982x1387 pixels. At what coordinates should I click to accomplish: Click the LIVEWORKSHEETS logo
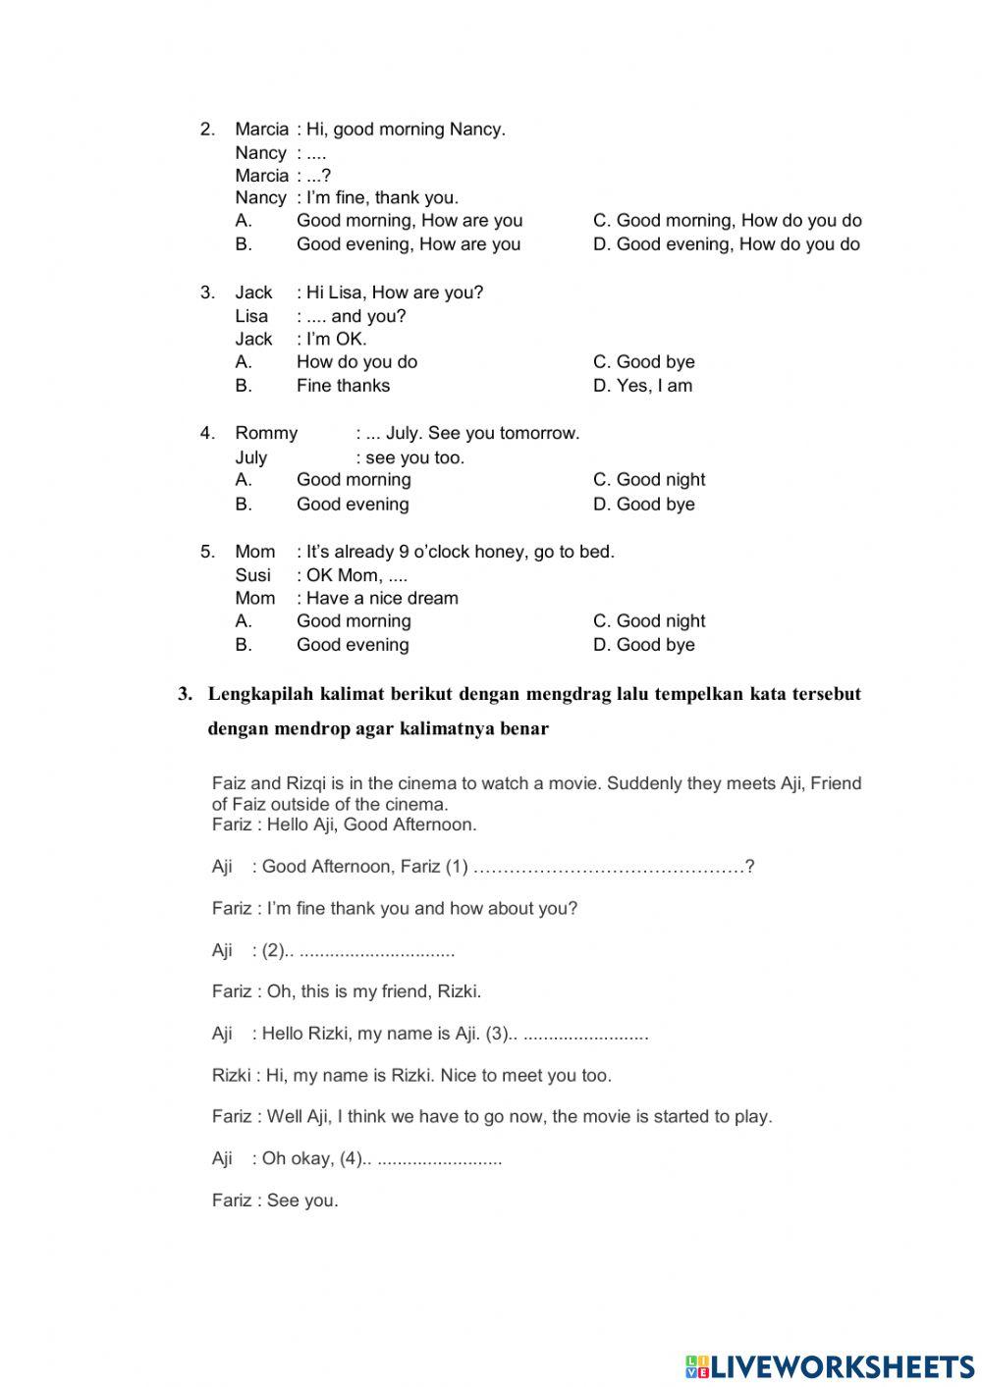[x=830, y=1365]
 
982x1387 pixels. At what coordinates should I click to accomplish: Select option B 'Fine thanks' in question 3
[x=343, y=386]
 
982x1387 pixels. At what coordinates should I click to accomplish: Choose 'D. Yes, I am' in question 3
[x=642, y=386]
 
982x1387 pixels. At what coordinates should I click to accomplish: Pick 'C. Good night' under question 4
[x=648, y=480]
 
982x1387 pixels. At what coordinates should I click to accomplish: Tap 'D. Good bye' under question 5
[x=643, y=645]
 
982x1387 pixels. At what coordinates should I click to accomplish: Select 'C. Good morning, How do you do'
[x=727, y=221]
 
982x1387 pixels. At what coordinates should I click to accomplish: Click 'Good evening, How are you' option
[x=409, y=244]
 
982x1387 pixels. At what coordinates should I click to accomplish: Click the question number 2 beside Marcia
[x=207, y=130]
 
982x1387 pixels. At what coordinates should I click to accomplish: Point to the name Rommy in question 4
[x=266, y=433]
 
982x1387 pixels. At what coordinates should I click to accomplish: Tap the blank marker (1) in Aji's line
[x=457, y=867]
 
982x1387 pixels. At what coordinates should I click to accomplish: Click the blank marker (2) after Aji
[x=273, y=950]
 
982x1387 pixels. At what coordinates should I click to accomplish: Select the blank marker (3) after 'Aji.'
[x=498, y=1034]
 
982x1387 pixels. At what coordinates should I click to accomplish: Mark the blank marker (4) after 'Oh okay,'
[x=352, y=1158]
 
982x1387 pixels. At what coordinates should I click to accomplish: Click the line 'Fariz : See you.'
[x=275, y=1200]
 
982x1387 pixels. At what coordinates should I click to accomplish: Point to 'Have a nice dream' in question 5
[x=382, y=599]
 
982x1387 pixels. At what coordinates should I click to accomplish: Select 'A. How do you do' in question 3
[x=356, y=362]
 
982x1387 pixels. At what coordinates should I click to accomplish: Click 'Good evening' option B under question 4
[x=353, y=505]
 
